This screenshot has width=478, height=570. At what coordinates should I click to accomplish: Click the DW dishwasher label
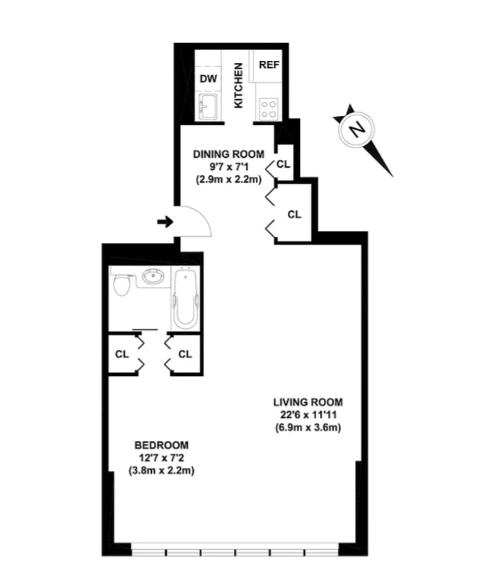click(208, 78)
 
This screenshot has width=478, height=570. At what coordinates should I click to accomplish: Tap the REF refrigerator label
click(269, 65)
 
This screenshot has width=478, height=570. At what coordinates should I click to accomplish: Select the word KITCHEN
click(238, 86)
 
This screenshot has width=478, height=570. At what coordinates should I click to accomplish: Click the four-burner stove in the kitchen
click(269, 109)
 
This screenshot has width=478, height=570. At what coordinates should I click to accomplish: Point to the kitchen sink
click(208, 106)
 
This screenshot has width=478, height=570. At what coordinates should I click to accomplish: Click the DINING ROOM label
click(229, 154)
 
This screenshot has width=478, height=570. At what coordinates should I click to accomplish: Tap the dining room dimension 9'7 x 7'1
click(229, 167)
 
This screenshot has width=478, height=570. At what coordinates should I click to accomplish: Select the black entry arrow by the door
click(165, 221)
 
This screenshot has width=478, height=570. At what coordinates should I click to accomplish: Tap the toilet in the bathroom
click(122, 285)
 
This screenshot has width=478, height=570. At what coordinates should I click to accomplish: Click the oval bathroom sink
click(153, 277)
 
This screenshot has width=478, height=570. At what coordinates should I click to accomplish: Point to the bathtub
click(185, 298)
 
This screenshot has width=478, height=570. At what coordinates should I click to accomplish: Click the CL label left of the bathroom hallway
click(122, 354)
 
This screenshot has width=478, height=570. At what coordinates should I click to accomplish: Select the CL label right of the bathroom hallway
click(185, 354)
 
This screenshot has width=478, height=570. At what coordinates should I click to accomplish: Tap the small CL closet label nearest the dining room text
click(283, 165)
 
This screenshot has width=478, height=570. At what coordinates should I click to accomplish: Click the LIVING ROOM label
click(308, 402)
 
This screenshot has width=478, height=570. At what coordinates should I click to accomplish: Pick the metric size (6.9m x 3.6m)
click(308, 428)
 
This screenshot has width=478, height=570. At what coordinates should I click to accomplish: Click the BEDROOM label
click(162, 445)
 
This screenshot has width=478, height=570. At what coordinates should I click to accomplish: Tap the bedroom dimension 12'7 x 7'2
click(162, 458)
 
